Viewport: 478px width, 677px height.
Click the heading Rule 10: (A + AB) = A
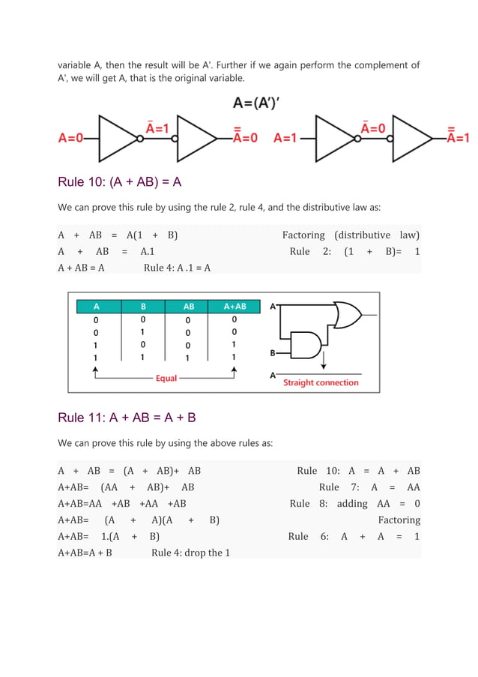point(120,182)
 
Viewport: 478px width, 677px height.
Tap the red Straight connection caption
point(321,382)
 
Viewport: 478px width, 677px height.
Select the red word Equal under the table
point(166,379)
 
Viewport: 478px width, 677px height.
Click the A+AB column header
point(235,307)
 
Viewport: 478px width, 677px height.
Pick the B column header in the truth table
point(143,307)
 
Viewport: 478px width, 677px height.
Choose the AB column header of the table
point(189,307)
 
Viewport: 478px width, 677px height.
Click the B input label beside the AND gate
point(273,352)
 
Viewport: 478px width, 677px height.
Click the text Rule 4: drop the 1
point(190,553)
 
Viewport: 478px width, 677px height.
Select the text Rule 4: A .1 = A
point(177,268)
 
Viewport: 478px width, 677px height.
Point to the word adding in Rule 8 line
point(352,504)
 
